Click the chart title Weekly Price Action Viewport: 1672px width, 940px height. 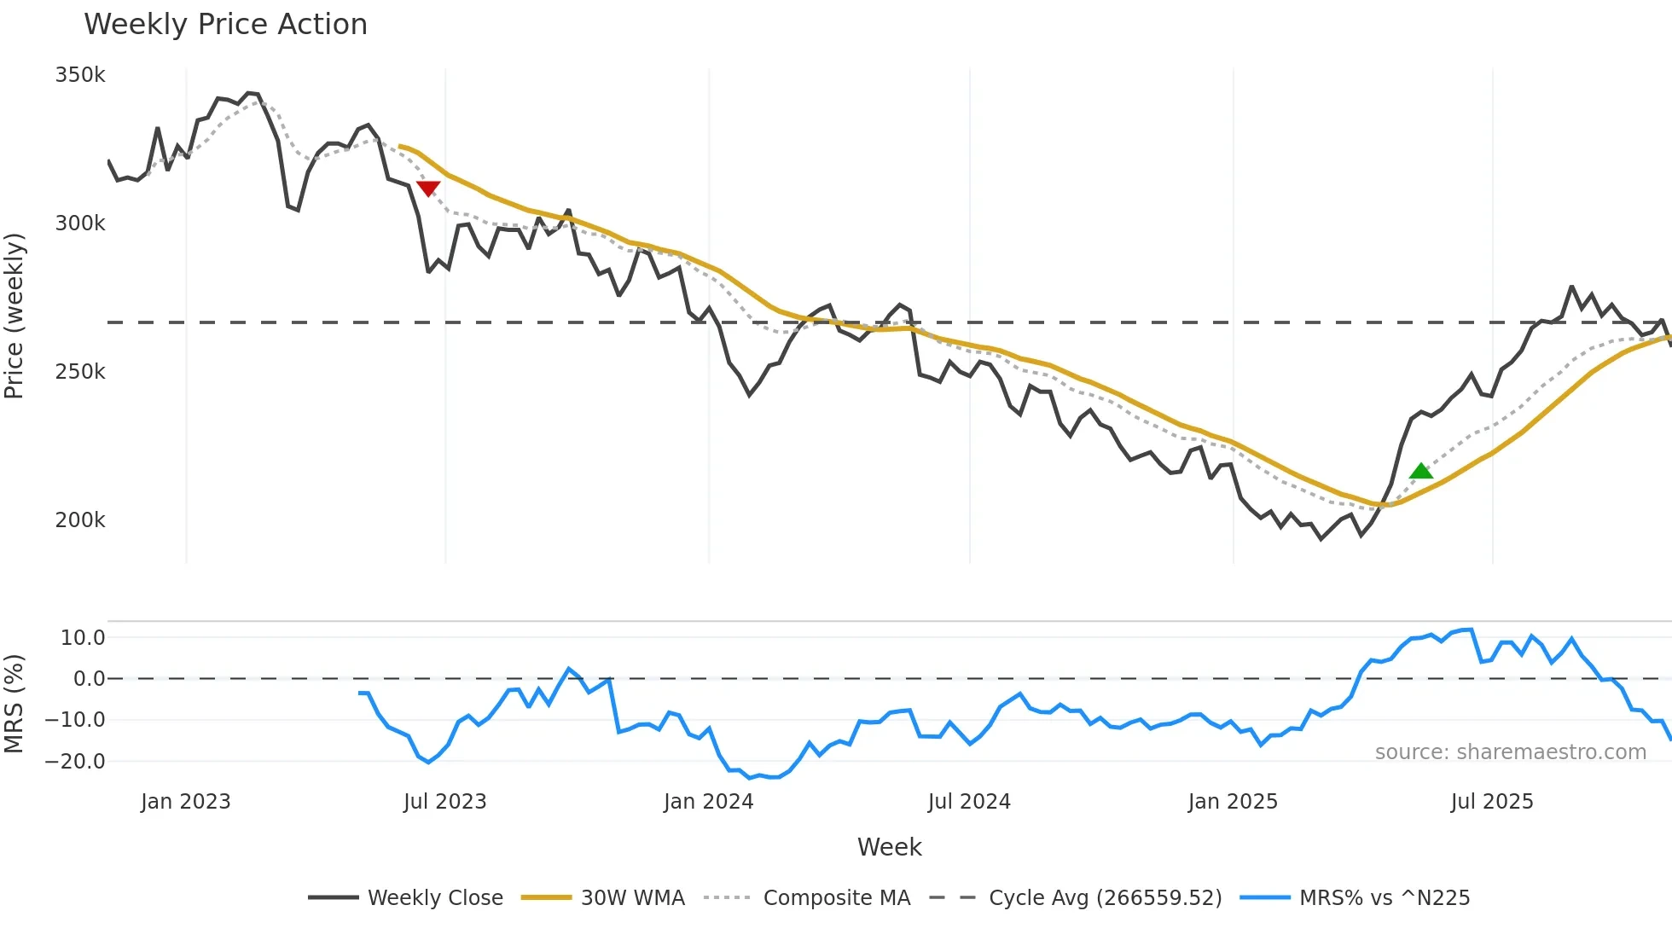click(x=225, y=25)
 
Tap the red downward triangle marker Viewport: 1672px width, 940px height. click(x=428, y=189)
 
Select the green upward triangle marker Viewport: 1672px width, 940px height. click(x=1420, y=471)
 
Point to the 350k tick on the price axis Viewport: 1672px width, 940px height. click(x=80, y=75)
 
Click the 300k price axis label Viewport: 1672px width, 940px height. click(x=80, y=223)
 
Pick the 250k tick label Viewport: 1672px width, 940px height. click(x=80, y=372)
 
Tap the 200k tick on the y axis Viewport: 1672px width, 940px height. click(x=80, y=520)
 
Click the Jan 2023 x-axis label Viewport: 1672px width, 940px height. click(x=186, y=802)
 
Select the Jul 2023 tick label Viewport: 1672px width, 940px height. click(x=445, y=802)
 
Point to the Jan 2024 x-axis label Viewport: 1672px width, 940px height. click(x=709, y=802)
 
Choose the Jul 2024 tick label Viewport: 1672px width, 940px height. click(x=969, y=802)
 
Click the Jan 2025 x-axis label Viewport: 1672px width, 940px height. click(x=1233, y=802)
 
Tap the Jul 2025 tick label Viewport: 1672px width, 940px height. click(x=1492, y=802)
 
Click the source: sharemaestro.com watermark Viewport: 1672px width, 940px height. click(x=1510, y=752)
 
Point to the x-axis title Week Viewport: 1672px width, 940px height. click(x=889, y=847)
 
